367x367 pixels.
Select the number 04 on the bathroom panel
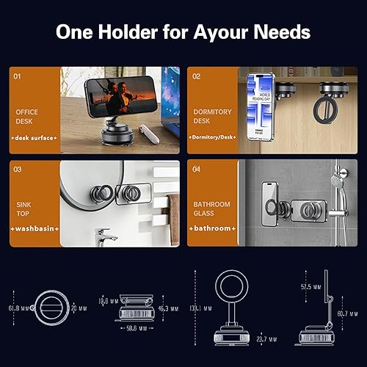click(x=197, y=169)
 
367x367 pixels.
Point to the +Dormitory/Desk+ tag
click(x=212, y=137)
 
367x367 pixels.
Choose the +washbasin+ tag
click(x=34, y=229)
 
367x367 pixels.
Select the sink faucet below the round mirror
click(x=104, y=236)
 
